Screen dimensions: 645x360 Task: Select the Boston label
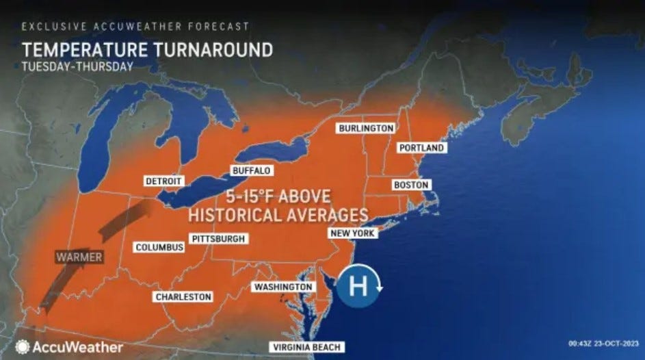(411, 185)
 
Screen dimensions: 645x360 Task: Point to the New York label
(352, 233)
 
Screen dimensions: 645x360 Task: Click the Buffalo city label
(250, 170)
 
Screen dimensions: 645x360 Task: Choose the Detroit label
(163, 181)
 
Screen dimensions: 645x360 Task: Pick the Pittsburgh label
(218, 239)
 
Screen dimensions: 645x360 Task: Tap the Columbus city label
(159, 246)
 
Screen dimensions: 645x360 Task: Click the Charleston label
(183, 296)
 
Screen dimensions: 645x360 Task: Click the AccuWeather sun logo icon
(23, 347)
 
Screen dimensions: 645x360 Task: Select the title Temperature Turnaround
(147, 51)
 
